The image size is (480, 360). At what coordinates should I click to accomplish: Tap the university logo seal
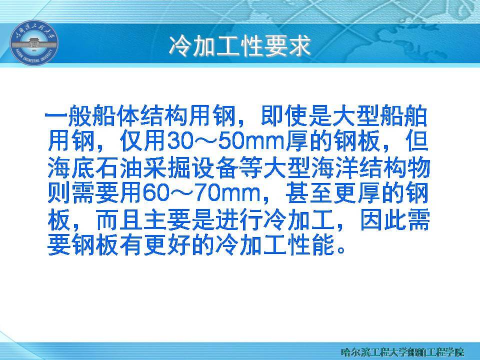34,42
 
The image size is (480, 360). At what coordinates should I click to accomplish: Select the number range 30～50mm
226,141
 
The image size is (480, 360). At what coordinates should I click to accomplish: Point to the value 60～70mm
201,193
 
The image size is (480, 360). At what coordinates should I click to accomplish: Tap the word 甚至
308,193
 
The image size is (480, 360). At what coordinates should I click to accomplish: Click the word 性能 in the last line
310,245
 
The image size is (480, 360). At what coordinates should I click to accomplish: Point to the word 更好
166,245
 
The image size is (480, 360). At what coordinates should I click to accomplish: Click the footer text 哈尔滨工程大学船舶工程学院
402,351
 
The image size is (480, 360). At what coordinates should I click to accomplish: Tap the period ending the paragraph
340,250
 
